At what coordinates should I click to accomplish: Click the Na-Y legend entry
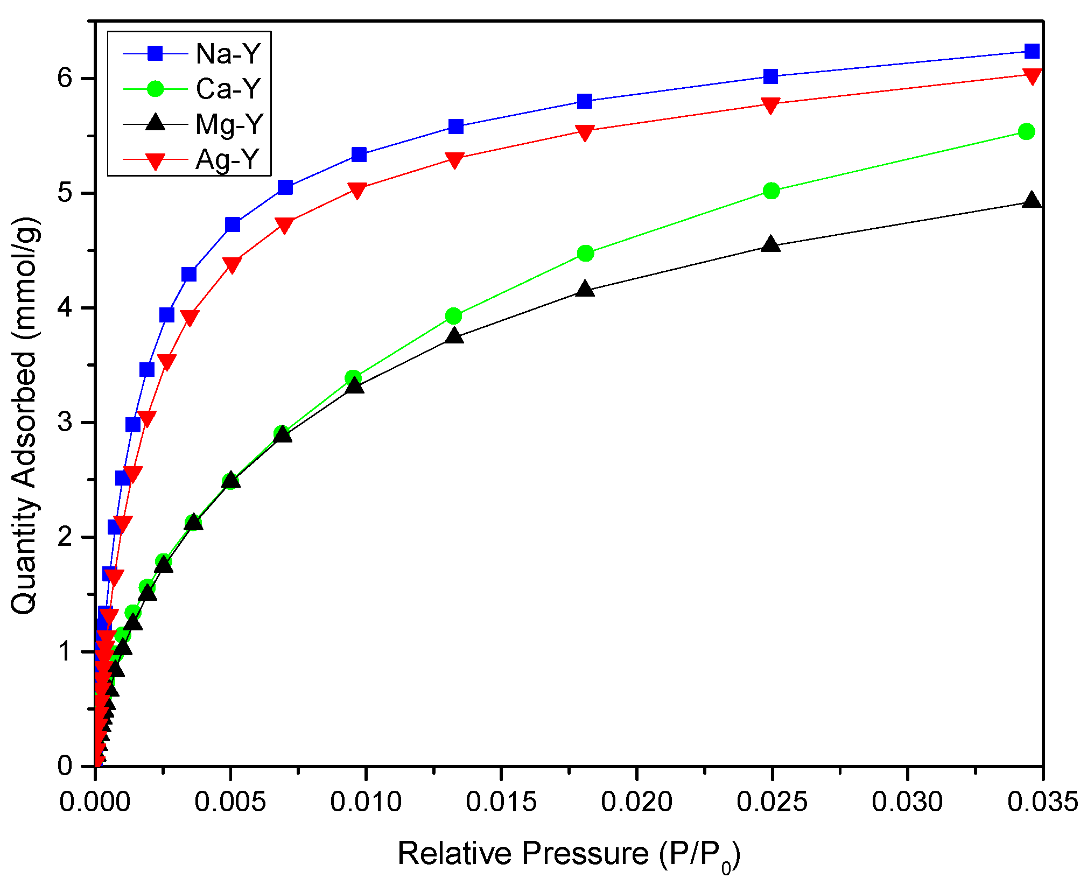[x=228, y=54]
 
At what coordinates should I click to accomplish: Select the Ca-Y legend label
[x=228, y=89]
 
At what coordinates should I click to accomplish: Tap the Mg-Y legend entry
[x=229, y=124]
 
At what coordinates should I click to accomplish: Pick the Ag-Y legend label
[x=228, y=160]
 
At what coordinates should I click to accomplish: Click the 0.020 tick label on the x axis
[x=637, y=802]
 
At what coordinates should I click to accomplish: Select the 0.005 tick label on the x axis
[x=230, y=802]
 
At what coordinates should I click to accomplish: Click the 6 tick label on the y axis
[x=65, y=79]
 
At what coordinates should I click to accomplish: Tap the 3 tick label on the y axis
[x=65, y=423]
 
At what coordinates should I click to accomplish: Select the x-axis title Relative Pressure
[x=569, y=854]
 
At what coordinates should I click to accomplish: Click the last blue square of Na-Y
[x=1032, y=51]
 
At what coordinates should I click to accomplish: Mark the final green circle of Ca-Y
[x=1027, y=131]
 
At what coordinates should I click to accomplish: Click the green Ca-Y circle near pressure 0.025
[x=772, y=191]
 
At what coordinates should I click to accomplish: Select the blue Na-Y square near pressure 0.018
[x=585, y=101]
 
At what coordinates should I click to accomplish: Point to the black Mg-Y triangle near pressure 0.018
[x=585, y=290]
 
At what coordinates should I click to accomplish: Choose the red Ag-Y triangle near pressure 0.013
[x=455, y=160]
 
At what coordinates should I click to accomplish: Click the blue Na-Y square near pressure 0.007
[x=285, y=187]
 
